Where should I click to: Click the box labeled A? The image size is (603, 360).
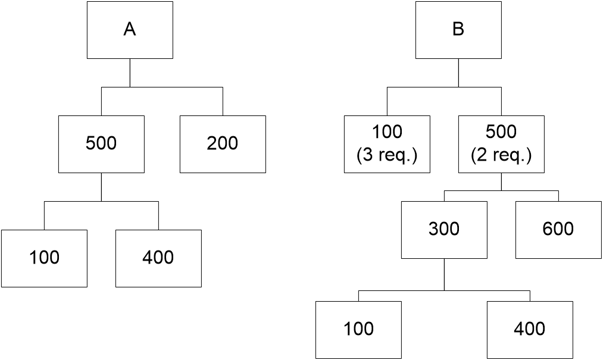pos(130,30)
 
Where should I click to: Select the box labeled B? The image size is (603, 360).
pos(458,30)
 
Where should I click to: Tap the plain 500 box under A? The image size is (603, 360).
pos(101,143)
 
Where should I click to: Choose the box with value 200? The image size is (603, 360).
pos(223,143)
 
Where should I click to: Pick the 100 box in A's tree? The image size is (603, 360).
pos(44,258)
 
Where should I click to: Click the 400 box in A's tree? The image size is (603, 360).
pos(158,258)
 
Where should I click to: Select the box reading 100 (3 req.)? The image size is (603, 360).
pos(387,143)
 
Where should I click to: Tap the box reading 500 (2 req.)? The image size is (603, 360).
pos(501,143)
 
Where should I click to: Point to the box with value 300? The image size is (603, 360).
pos(444,229)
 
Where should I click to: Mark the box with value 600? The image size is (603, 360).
pos(558,229)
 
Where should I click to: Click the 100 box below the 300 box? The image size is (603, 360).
pos(358,329)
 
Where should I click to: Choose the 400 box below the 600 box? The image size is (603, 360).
pos(530,329)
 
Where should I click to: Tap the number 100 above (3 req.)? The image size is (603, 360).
pos(387,132)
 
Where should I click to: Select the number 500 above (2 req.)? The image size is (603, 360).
pos(501,132)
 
